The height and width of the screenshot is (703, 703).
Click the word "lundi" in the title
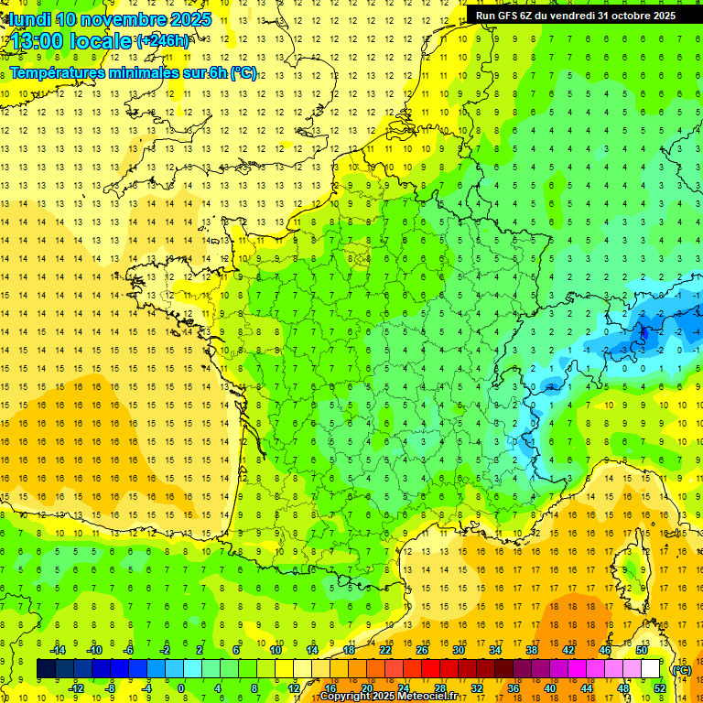pos(30,19)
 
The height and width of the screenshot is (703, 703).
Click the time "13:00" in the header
pos(39,41)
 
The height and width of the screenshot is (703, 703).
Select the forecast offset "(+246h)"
pos(164,41)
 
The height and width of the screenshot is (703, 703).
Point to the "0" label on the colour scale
pos(181,687)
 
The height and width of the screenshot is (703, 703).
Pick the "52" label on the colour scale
pos(659,687)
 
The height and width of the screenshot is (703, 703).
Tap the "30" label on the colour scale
pos(458,650)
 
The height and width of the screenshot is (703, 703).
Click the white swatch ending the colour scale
pos(650,669)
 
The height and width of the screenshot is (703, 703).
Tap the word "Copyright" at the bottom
pos(345,697)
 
